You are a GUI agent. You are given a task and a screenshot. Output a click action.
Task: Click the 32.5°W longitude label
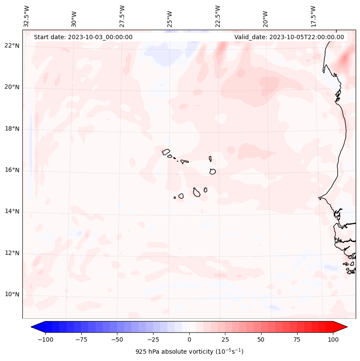(x=27, y=16)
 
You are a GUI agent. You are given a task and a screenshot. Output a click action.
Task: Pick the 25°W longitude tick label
(x=170, y=16)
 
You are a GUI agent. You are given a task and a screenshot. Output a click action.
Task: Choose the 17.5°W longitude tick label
(x=313, y=16)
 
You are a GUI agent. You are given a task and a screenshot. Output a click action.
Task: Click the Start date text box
(x=83, y=37)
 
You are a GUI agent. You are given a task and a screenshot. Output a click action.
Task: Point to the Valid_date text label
(x=289, y=37)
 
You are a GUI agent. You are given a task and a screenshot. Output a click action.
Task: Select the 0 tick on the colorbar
(x=189, y=339)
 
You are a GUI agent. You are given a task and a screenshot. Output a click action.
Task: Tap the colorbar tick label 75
(x=297, y=339)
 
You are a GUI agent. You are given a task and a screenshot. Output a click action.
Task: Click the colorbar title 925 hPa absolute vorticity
(x=189, y=352)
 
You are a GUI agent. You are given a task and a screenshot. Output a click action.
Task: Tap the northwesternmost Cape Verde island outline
(x=166, y=151)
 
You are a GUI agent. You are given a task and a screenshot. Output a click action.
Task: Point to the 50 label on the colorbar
(x=261, y=339)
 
